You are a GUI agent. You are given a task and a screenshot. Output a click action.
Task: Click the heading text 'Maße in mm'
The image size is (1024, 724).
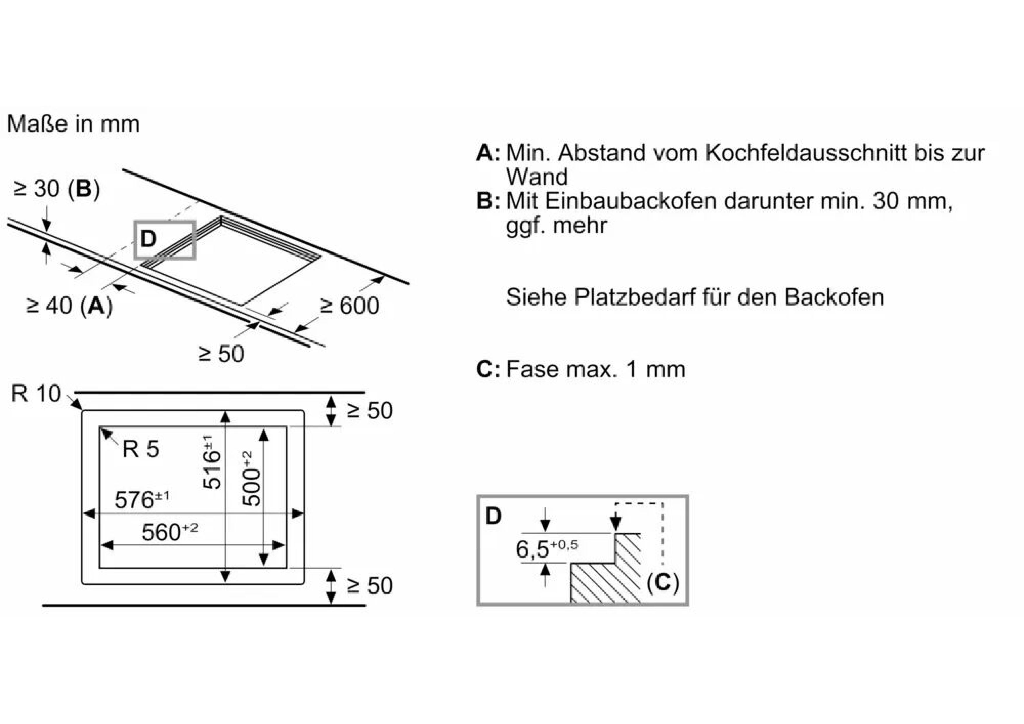(74, 124)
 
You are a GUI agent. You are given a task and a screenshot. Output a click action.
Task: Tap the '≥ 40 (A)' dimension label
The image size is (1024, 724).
(69, 306)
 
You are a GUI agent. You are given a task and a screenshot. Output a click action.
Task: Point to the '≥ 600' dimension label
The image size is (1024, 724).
(349, 306)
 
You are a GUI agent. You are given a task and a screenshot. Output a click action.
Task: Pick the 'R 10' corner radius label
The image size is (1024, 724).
(36, 394)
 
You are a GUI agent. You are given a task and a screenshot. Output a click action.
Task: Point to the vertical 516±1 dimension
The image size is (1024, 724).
(212, 462)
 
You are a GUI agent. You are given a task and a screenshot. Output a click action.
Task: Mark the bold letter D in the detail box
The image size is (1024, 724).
(493, 516)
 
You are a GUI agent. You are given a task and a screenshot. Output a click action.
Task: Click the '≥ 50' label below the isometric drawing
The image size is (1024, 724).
(221, 354)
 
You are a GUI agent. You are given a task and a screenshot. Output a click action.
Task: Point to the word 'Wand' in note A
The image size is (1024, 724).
(537, 177)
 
